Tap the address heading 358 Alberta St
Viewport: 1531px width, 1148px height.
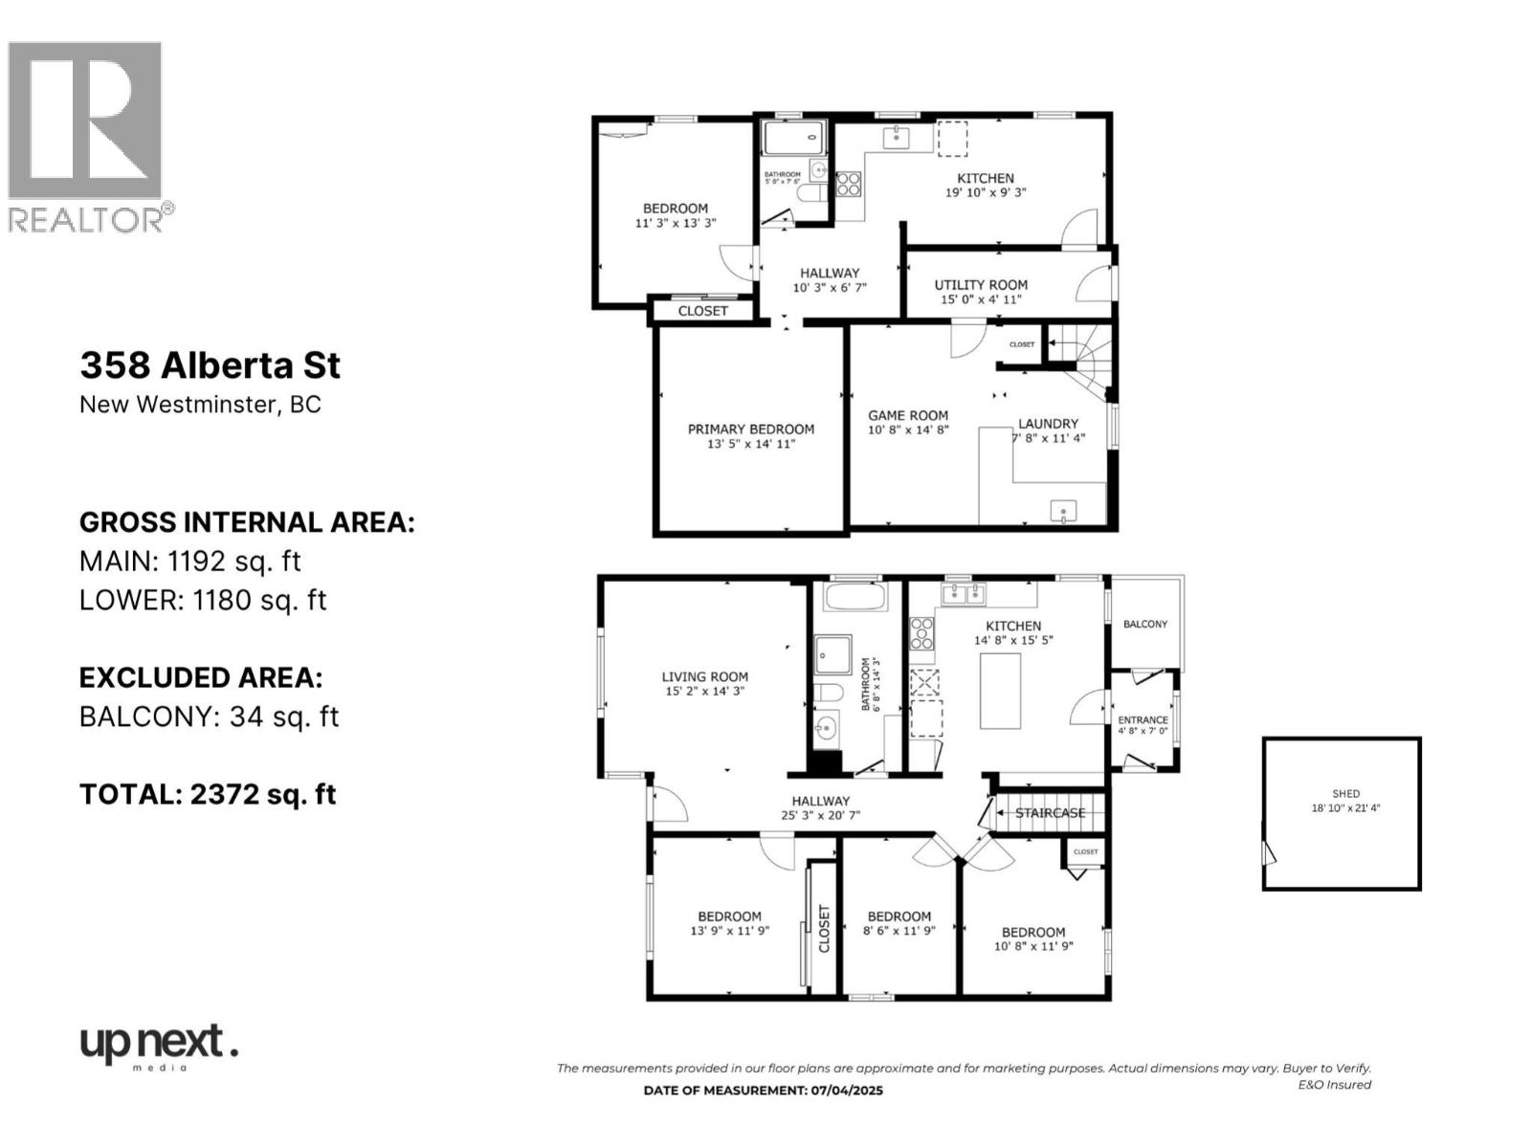tap(210, 365)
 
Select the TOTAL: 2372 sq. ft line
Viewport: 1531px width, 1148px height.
tap(208, 794)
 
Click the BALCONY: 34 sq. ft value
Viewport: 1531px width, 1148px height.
tap(209, 717)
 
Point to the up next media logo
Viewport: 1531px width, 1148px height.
tap(158, 1046)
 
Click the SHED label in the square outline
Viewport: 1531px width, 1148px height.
tap(1345, 794)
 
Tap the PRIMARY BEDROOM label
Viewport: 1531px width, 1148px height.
tap(751, 430)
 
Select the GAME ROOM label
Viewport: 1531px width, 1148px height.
tap(908, 416)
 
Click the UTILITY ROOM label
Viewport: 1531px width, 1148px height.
tap(981, 285)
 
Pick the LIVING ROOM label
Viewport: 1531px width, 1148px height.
tap(704, 676)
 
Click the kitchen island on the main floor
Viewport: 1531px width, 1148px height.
tap(999, 691)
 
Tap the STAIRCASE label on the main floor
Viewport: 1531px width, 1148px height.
tap(1050, 813)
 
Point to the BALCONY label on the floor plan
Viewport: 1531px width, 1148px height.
tap(1145, 624)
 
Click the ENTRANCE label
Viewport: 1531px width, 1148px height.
tap(1143, 719)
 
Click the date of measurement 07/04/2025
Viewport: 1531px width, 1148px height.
tap(763, 1091)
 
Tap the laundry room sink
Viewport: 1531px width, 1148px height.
tap(1064, 512)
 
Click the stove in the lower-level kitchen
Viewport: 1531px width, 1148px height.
tap(848, 184)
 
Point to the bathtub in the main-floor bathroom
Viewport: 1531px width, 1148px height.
tap(855, 599)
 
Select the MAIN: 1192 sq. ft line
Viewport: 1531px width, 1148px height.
tap(190, 561)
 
